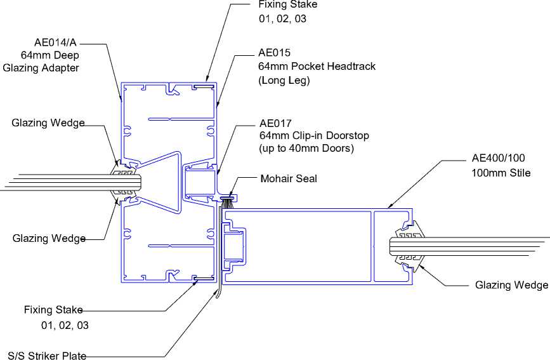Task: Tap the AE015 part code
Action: pos(274,53)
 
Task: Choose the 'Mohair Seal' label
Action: pos(289,178)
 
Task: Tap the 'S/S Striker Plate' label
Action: pos(46,356)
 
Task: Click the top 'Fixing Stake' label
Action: pos(287,4)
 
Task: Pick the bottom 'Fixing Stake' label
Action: pos(53,310)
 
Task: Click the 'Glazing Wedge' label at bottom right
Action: pos(511,285)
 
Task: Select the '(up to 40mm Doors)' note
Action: pos(306,149)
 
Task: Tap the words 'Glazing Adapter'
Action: pos(41,68)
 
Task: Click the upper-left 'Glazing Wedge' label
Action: pos(48,123)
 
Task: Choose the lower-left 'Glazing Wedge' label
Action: pos(49,239)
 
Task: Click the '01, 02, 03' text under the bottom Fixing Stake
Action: pos(65,326)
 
